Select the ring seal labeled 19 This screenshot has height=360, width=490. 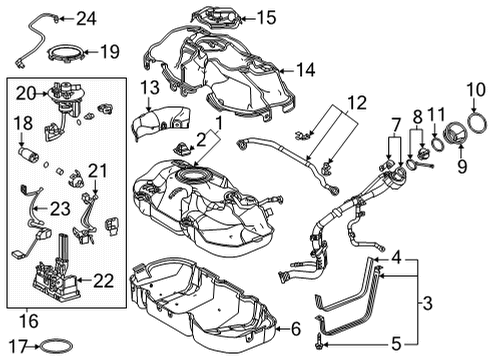coord(64,57)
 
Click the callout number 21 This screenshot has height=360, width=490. coord(96,170)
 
